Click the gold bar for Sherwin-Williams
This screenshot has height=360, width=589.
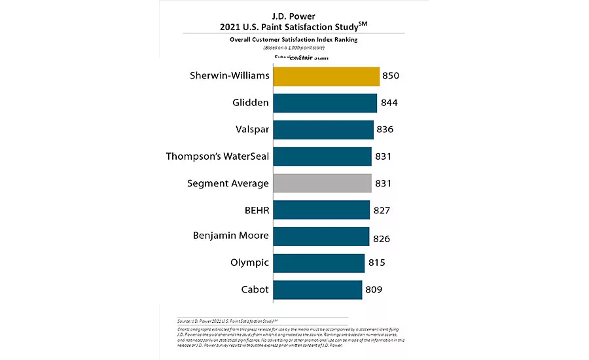[326, 77]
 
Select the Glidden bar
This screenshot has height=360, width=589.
[325, 103]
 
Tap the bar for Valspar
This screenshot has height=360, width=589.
[323, 130]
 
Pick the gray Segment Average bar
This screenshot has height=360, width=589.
[322, 183]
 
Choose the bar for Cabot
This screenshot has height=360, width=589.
[317, 289]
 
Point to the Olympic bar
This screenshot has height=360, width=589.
[319, 262]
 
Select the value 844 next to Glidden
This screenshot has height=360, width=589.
[389, 103]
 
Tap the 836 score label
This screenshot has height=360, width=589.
[384, 130]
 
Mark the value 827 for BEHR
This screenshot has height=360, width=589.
[381, 210]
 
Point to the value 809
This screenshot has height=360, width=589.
[374, 289]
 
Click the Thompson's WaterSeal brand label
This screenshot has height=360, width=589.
[218, 156]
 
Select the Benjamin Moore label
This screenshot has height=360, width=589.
[231, 236]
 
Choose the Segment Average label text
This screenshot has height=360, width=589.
[228, 183]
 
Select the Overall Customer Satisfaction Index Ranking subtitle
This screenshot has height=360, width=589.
[293, 40]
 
